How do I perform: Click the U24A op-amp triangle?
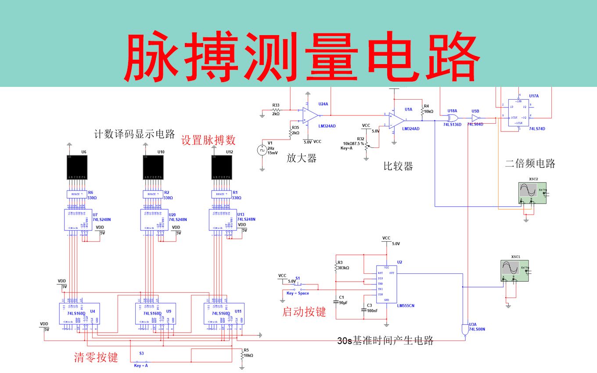pyautogui.click(x=310, y=116)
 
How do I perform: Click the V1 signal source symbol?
pyautogui.click(x=262, y=150)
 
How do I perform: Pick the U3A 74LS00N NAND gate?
pyautogui.click(x=465, y=330)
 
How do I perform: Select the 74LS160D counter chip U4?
pyautogui.click(x=79, y=314)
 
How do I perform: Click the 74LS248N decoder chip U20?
pyautogui.click(x=154, y=219)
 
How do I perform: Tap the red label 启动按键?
pyautogui.click(x=304, y=312)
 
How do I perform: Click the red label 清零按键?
pyautogui.click(x=96, y=357)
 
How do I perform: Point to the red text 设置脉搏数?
pyautogui.click(x=209, y=140)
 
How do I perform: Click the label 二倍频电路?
pyautogui.click(x=530, y=164)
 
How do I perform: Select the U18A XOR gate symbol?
pyautogui.click(x=453, y=119)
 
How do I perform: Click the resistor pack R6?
pyautogui.click(x=77, y=194)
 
